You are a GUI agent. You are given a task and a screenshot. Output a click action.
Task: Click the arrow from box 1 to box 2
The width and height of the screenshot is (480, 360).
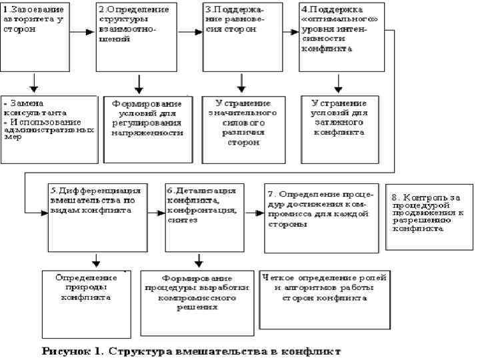tap(82, 31)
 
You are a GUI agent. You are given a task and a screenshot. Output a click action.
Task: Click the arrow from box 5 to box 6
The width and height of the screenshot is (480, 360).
tap(157, 213)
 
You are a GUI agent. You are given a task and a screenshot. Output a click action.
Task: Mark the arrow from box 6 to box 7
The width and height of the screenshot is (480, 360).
tap(253, 213)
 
